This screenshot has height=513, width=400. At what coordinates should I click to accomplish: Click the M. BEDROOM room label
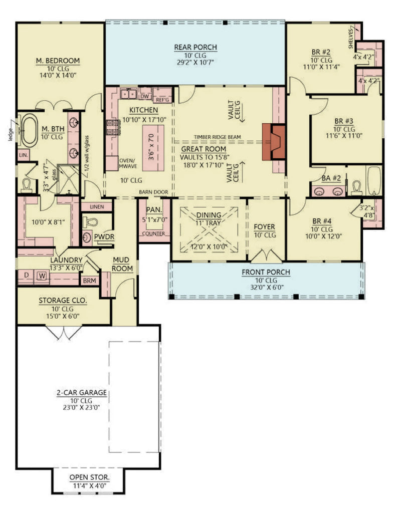click(x=58, y=61)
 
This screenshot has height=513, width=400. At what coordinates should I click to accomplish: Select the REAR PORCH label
click(x=195, y=48)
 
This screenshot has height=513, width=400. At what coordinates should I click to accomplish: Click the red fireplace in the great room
click(x=274, y=142)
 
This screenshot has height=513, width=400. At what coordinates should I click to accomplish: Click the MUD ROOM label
click(x=123, y=265)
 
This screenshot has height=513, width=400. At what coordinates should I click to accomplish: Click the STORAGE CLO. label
click(x=63, y=301)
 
